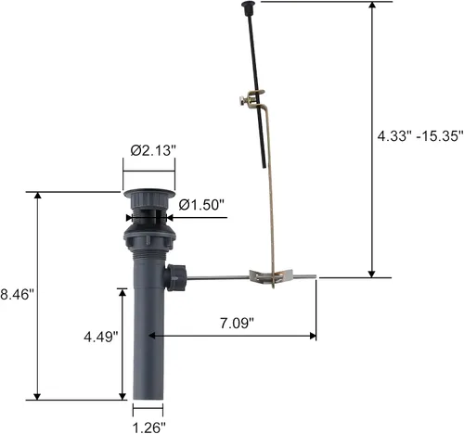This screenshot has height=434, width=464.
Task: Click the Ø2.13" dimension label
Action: [153, 150]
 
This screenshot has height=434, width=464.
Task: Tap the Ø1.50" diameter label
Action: [201, 204]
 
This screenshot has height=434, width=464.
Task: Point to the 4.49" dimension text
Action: [101, 337]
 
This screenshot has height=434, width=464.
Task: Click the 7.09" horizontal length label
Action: [237, 324]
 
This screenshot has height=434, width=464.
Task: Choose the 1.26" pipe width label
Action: [149, 428]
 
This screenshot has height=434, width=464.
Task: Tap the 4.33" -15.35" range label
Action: [420, 135]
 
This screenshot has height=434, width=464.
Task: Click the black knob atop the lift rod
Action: [248, 5]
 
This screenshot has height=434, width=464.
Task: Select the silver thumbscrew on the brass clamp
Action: [244, 101]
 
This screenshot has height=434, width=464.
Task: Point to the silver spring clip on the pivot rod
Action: [271, 276]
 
